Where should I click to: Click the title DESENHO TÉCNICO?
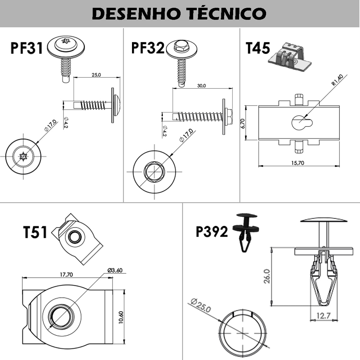point(179,13)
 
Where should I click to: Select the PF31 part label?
point(27,48)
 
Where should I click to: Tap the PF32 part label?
point(148,48)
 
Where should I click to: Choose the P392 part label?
point(211,231)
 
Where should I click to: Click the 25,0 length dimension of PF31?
point(96,75)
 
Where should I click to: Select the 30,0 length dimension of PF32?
point(202,86)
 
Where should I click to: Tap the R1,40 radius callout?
point(337,80)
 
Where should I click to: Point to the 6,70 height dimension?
point(243,123)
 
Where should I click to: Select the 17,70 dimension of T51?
point(66,274)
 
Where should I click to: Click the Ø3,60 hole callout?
point(115,270)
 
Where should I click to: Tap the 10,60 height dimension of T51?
point(121,317)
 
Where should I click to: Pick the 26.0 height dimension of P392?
point(267,276)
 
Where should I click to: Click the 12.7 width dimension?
point(323,316)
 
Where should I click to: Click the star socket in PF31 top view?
point(23,156)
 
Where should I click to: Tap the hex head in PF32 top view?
point(154,172)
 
